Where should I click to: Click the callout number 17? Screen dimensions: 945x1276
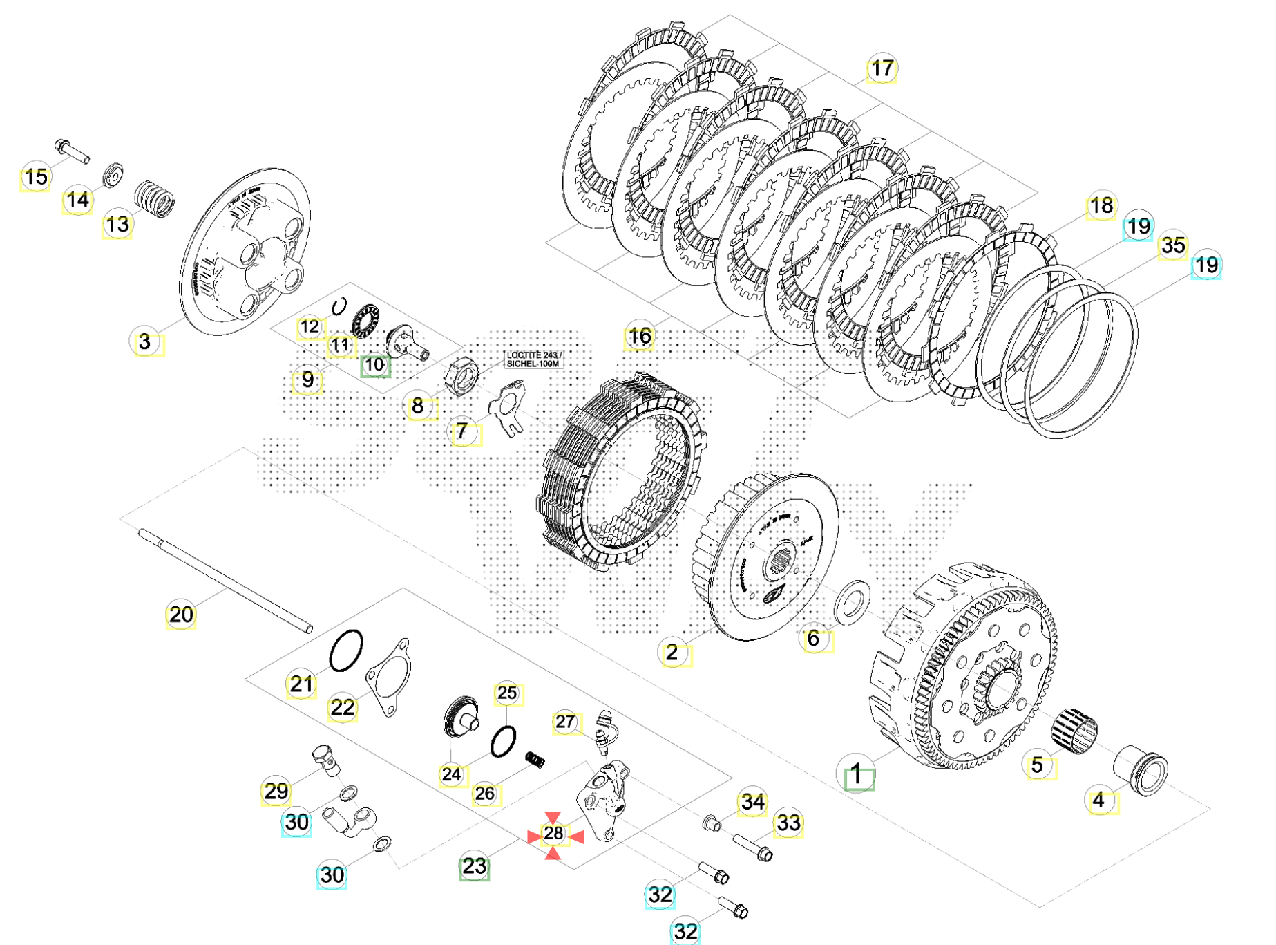[x=882, y=68]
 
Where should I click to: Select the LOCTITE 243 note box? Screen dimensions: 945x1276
[x=533, y=359]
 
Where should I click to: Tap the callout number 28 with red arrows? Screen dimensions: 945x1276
[x=553, y=834]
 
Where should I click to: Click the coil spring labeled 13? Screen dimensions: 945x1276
[x=154, y=199]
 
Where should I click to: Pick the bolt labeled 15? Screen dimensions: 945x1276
[x=71, y=151]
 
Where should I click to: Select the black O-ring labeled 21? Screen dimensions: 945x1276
[x=346, y=651]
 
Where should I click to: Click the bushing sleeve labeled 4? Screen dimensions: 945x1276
[x=1141, y=770]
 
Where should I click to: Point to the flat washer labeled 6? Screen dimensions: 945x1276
[x=853, y=602]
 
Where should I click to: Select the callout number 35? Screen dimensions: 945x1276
[x=1172, y=245]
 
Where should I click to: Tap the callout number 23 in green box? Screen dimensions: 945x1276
[x=474, y=866]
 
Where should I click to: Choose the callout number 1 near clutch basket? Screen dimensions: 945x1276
[x=857, y=774]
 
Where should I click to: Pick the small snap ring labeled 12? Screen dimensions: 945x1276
[x=339, y=306]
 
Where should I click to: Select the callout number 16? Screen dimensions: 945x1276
[x=639, y=336]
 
